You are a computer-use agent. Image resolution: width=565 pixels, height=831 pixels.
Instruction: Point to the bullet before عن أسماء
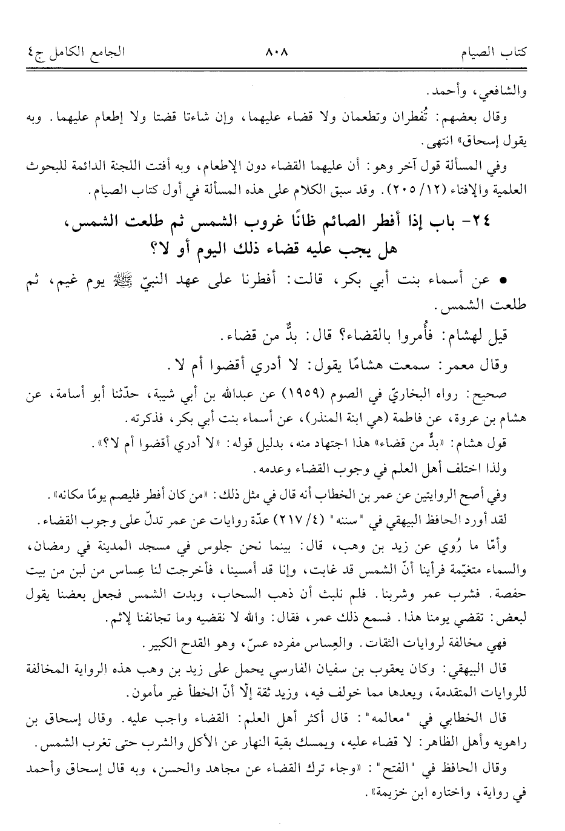[502, 282]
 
